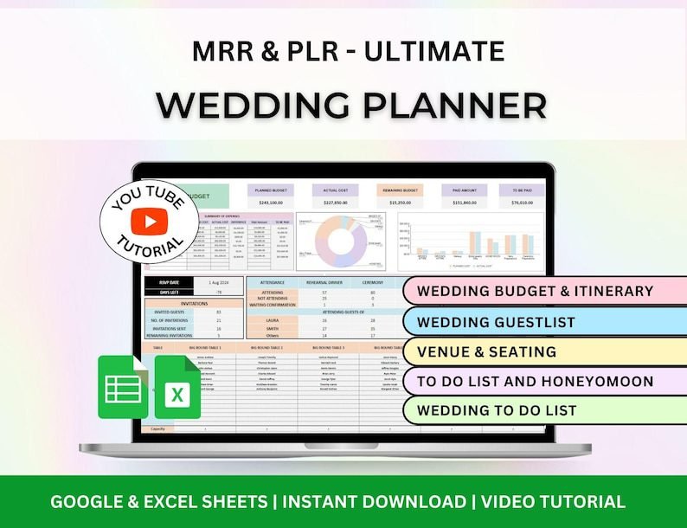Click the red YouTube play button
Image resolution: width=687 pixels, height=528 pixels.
pyautogui.click(x=150, y=222)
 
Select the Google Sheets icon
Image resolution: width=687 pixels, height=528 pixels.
pyautogui.click(x=123, y=388)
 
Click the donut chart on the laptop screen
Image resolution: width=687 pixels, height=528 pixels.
pyautogui.click(x=340, y=241)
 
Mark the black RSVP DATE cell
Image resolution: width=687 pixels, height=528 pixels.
pyautogui.click(x=170, y=282)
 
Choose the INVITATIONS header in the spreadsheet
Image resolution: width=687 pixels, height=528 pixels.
pyautogui.click(x=194, y=303)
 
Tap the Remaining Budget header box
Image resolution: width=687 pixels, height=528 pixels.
pyautogui.click(x=399, y=190)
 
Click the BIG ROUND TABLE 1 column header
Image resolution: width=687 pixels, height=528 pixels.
pyautogui.click(x=204, y=347)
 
